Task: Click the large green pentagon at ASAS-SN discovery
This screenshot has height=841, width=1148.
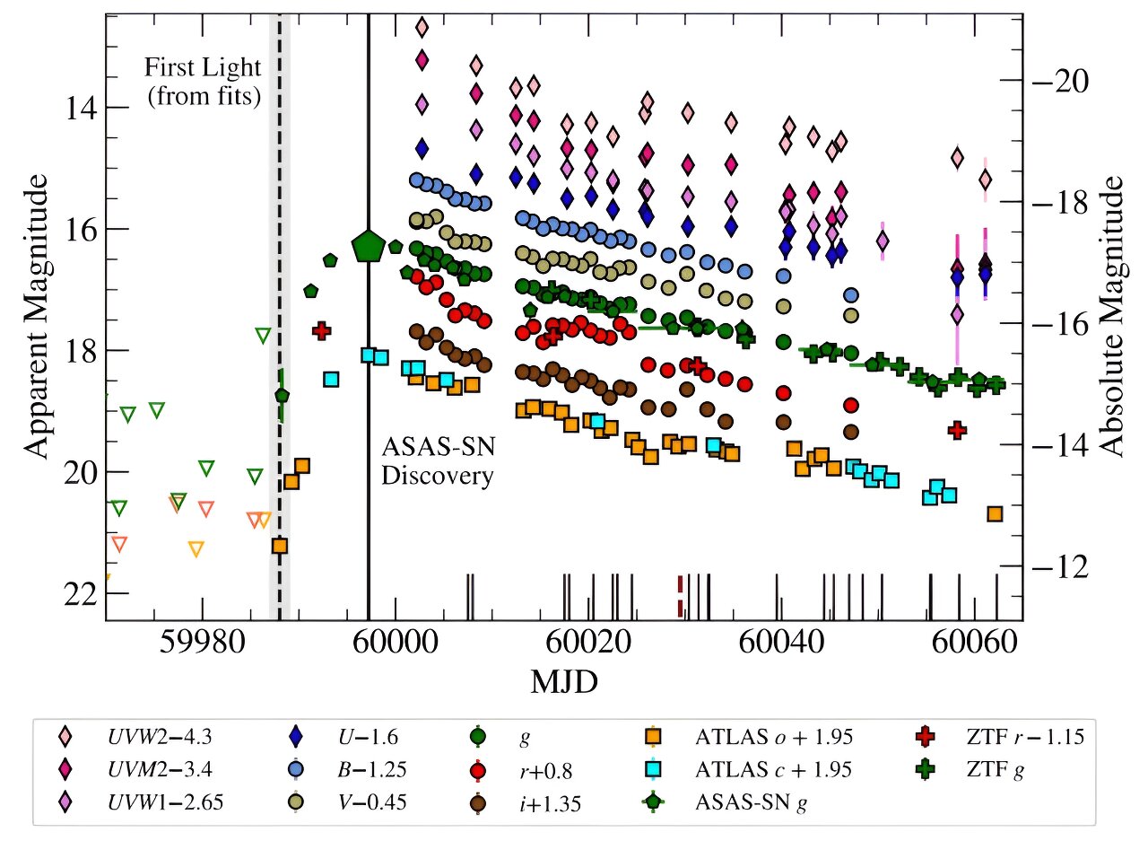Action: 368,245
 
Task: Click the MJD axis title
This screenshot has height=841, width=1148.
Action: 565,683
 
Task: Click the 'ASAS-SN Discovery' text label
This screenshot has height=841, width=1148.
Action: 438,460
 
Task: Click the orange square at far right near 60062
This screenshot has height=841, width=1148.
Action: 995,513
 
